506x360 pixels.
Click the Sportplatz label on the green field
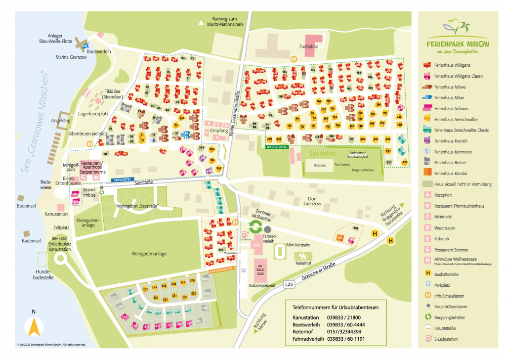click(x=323, y=154)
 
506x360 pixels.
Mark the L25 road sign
click(x=289, y=284)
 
